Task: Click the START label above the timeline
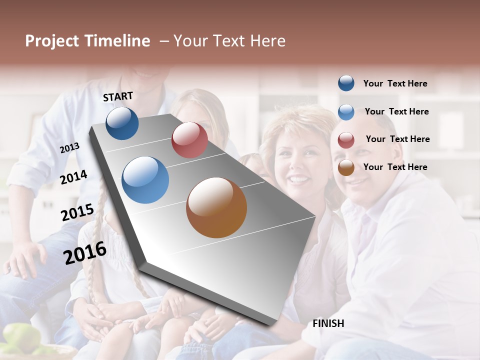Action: [x=118, y=96]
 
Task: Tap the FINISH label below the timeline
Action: [x=328, y=323]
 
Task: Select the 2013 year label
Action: [x=70, y=148]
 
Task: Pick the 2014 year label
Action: [x=73, y=177]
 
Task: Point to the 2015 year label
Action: [x=77, y=212]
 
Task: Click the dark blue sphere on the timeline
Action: [x=122, y=123]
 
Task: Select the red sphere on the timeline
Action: [x=189, y=140]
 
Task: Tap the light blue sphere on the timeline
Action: [x=145, y=179]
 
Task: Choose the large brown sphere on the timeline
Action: [x=216, y=207]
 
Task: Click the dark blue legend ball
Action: [x=346, y=83]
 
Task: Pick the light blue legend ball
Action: [x=346, y=112]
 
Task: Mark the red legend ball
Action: [x=346, y=140]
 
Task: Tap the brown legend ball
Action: [x=346, y=167]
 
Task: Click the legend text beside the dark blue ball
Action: [x=395, y=84]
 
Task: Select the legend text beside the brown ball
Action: [x=395, y=167]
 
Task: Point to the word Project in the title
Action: [x=52, y=41]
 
